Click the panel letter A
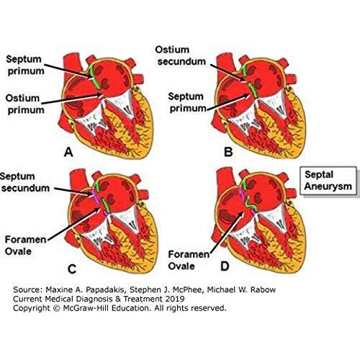[68, 152]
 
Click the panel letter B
[228, 152]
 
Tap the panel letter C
[72, 269]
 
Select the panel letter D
[225, 266]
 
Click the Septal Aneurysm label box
[328, 181]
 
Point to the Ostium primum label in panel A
[25, 104]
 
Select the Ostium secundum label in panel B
[181, 55]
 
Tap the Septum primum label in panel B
[187, 102]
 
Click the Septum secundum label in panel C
[24, 182]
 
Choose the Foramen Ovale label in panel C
[25, 246]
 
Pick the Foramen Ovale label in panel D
[189, 260]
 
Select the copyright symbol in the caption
[57, 308]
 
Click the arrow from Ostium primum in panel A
[73, 99]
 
